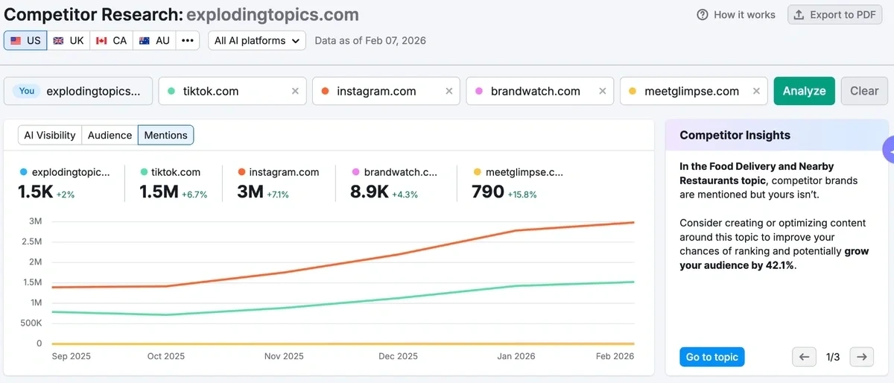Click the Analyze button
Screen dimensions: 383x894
pyautogui.click(x=804, y=91)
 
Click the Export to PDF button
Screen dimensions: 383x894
pyautogui.click(x=834, y=15)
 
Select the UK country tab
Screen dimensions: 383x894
pyautogui.click(x=69, y=40)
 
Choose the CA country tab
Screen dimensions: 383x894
pyautogui.click(x=112, y=40)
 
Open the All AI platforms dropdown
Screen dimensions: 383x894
pyautogui.click(x=257, y=40)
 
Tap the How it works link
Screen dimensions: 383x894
pyautogui.click(x=736, y=15)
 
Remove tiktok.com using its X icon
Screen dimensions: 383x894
pyautogui.click(x=295, y=91)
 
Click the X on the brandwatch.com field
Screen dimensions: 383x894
pyautogui.click(x=602, y=91)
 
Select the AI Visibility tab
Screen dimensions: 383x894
pyautogui.click(x=50, y=135)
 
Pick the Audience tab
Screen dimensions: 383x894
pyautogui.click(x=110, y=135)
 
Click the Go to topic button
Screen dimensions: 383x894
pyautogui.click(x=711, y=357)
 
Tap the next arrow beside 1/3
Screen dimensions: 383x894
pyautogui.click(x=861, y=357)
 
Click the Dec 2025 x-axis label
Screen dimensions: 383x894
pyautogui.click(x=399, y=356)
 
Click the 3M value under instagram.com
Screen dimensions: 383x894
pyautogui.click(x=250, y=191)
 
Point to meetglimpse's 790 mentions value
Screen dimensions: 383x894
pyautogui.click(x=488, y=191)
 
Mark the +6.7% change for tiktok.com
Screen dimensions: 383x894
pyautogui.click(x=194, y=194)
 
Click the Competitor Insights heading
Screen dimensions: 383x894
pyautogui.click(x=735, y=135)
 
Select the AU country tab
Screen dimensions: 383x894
pyautogui.click(x=155, y=40)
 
